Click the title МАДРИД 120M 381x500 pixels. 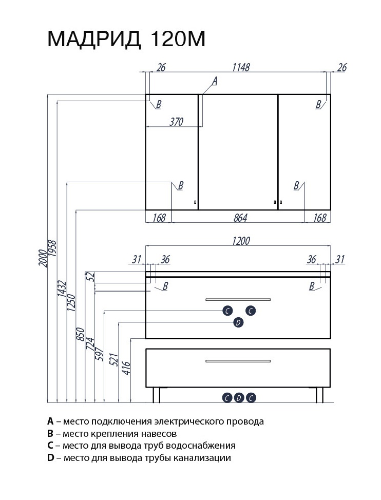pos(126,39)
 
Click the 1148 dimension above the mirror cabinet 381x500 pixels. pos(240,68)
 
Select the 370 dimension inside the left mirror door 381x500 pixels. pos(176,122)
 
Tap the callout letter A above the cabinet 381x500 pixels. pos(215,81)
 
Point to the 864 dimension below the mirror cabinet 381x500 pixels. pos(240,218)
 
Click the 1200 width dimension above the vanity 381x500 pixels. pos(240,241)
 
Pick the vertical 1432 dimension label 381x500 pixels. pos(62,290)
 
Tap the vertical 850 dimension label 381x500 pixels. pos(80,334)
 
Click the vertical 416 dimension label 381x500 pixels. pos(126,369)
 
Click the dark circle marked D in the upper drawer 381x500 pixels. pos(238,322)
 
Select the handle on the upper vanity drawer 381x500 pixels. pos(238,299)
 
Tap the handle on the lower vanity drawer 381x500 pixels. pos(238,361)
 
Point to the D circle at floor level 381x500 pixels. pos(239,397)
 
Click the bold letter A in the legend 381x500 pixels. pos(50,421)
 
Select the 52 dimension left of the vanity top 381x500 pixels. pos(91,276)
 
